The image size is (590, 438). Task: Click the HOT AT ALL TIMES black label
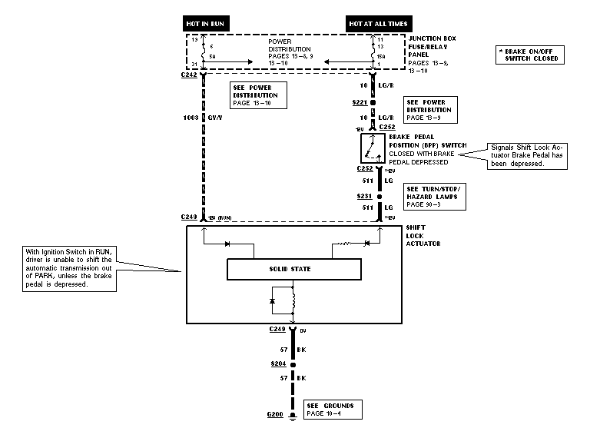[378, 24]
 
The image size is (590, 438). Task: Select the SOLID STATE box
[293, 269]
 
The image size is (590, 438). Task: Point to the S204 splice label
[278, 363]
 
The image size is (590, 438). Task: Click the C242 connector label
[190, 76]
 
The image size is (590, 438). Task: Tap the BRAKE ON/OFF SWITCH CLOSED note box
[531, 55]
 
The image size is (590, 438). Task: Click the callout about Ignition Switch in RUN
[68, 269]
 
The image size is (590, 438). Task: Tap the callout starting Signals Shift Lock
[529, 154]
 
